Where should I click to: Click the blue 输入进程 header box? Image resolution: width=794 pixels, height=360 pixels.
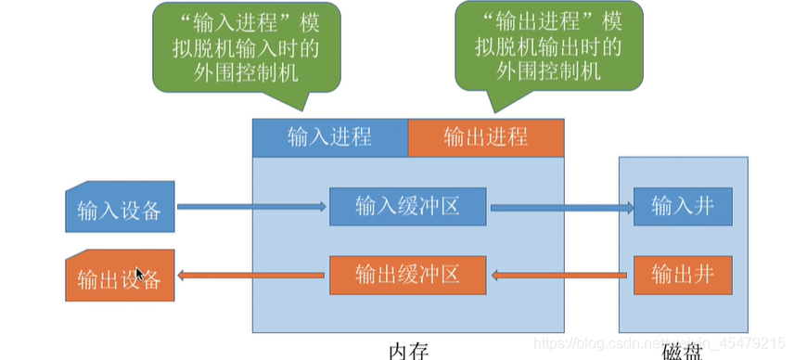[329, 137]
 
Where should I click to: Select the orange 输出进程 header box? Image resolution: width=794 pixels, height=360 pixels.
[485, 137]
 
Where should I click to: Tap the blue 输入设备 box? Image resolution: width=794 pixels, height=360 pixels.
[120, 208]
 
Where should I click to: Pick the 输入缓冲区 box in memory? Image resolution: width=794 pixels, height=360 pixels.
[407, 206]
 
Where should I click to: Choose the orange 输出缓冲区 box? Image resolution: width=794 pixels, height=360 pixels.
[407, 274]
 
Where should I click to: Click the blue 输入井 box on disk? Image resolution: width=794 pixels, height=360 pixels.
[683, 206]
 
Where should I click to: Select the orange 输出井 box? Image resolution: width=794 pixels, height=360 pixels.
[683, 274]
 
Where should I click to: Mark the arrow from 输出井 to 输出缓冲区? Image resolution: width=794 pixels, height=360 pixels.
[561, 275]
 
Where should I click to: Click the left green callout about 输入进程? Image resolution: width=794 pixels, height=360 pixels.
[247, 46]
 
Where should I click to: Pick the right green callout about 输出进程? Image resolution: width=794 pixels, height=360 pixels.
[547, 46]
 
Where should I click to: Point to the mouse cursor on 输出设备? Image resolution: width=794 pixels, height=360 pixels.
[139, 274]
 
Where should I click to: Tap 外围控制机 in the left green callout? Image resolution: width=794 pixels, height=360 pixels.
[247, 71]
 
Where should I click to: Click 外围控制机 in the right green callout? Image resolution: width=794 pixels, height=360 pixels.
[547, 71]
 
